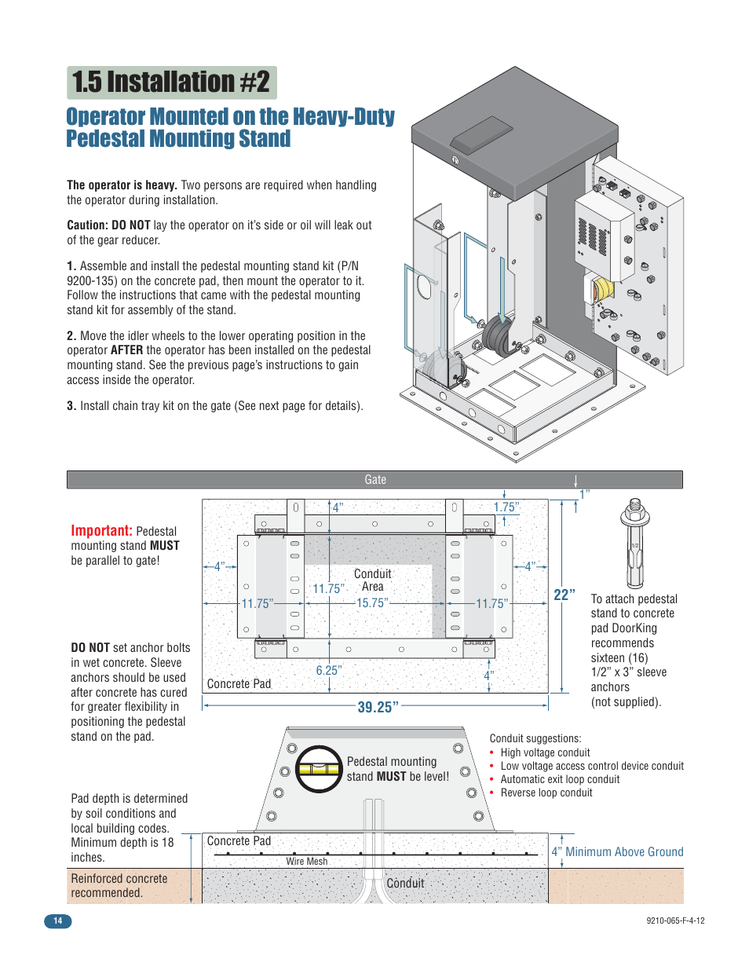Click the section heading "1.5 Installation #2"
pyautogui.click(x=171, y=82)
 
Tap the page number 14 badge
pyautogui.click(x=57, y=921)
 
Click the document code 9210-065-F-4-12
pyautogui.click(x=675, y=921)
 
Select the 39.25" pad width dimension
pyautogui.click(x=378, y=707)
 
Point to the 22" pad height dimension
pyautogui.click(x=564, y=595)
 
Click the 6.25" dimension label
pyautogui.click(x=328, y=671)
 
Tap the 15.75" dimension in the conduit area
pyautogui.click(x=372, y=603)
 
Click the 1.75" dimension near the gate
pyautogui.click(x=506, y=508)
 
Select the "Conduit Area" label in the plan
pyautogui.click(x=372, y=580)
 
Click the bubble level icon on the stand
pyautogui.click(x=319, y=769)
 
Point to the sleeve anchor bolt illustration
pyautogui.click(x=634, y=543)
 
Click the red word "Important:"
pyautogui.click(x=101, y=531)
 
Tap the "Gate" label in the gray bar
pyautogui.click(x=375, y=480)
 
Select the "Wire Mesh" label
pyautogui.click(x=306, y=862)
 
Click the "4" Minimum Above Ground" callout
pyautogui.click(x=617, y=852)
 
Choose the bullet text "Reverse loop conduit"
pyautogui.click(x=546, y=793)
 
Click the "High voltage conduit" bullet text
pyautogui.click(x=545, y=752)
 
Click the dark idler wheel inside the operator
pyautogui.click(x=498, y=337)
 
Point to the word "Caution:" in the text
pyautogui.click(x=87, y=225)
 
